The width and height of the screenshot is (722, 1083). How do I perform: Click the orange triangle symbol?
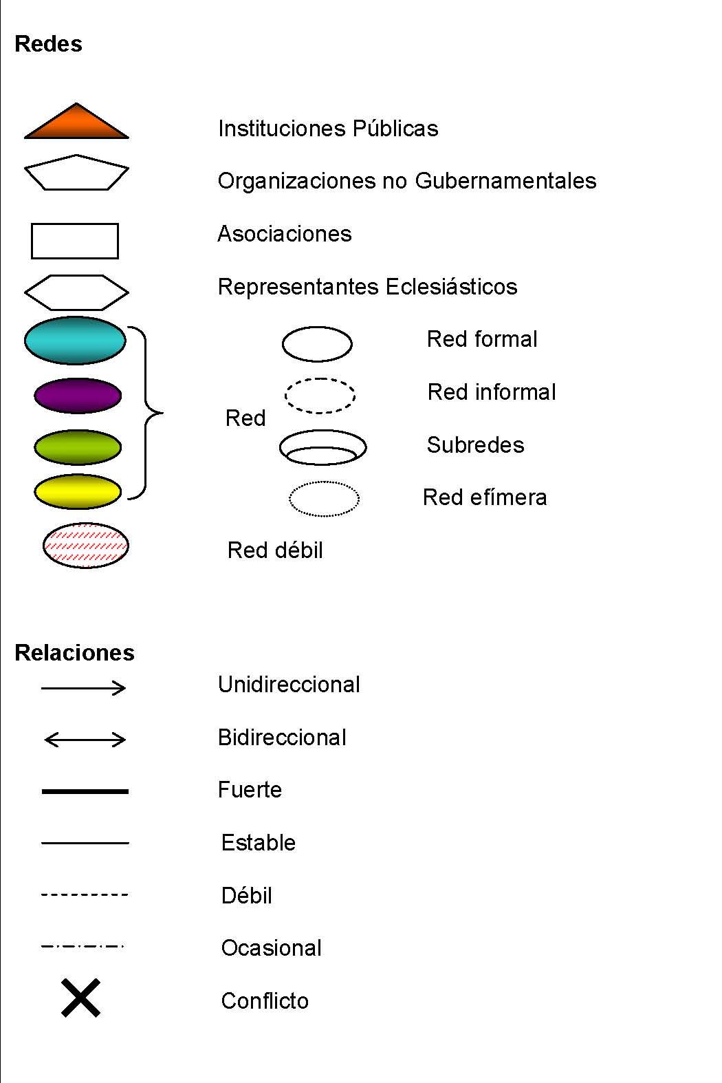[76, 125]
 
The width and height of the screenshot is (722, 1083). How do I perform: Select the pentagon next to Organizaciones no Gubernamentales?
[76, 173]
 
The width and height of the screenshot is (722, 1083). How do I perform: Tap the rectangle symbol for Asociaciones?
[75, 241]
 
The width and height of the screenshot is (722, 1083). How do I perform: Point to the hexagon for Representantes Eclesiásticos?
[76, 292]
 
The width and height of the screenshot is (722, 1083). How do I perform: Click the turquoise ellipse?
[75, 340]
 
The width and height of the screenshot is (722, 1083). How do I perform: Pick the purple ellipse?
[78, 396]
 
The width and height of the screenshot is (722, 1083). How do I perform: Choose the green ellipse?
[78, 447]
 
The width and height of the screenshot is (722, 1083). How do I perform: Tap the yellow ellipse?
[78, 491]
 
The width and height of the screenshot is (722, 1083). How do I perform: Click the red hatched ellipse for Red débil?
[85, 546]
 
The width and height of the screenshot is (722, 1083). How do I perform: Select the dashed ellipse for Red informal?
[320, 395]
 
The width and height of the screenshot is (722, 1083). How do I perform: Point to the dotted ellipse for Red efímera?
[324, 498]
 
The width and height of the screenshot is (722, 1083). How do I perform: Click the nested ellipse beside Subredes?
[322, 448]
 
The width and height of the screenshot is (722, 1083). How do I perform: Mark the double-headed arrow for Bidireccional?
[85, 740]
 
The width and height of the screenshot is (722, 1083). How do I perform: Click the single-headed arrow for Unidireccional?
[84, 687]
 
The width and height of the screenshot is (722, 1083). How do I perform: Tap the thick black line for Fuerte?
[85, 791]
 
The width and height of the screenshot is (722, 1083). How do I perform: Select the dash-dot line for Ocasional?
[83, 947]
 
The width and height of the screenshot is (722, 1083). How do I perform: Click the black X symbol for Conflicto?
[81, 998]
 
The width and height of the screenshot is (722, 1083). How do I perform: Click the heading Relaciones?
[74, 652]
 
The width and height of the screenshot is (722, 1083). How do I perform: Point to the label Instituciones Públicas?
[328, 129]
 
